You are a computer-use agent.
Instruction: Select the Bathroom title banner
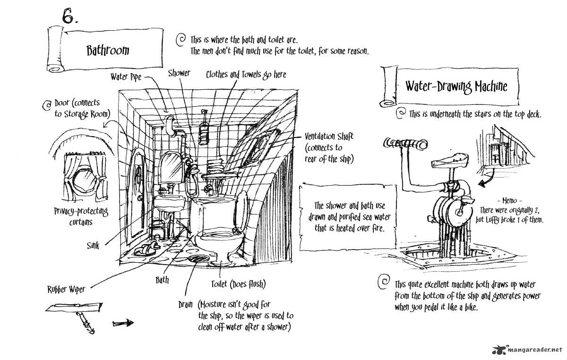point(108,50)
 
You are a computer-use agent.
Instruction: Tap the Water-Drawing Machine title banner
point(455,86)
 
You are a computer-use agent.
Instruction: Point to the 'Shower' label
point(179,73)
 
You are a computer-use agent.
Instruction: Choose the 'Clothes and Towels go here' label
point(246,74)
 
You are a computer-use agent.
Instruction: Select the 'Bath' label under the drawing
point(162,280)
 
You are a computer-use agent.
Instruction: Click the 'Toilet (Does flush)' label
point(238,284)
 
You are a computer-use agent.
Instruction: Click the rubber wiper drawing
point(76,312)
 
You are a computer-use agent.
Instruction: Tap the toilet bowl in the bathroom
point(219,238)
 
